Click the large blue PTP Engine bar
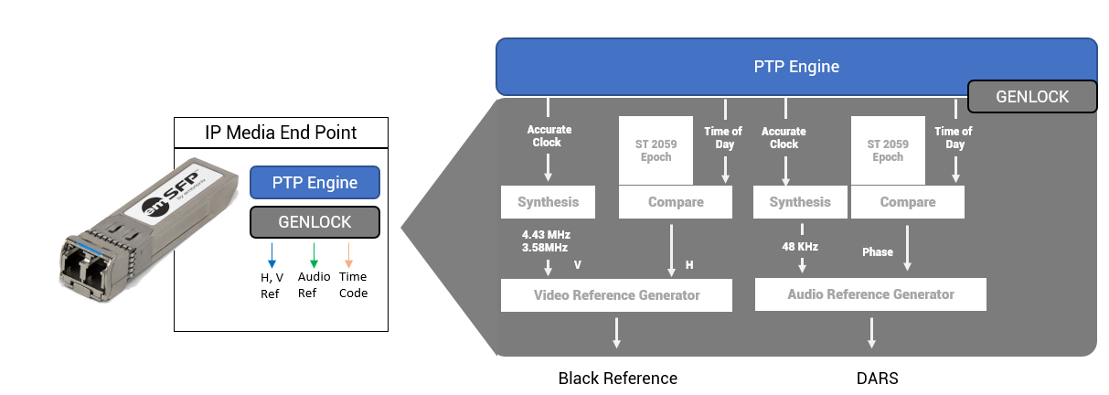tap(795, 66)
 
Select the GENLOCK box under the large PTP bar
tap(1032, 96)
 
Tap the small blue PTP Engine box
tap(315, 182)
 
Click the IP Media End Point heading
tap(280, 133)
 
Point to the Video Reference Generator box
tap(616, 295)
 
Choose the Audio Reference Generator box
tap(870, 294)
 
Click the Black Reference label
tap(617, 379)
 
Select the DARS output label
tap(871, 379)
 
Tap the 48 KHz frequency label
tap(801, 246)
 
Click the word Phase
tap(878, 251)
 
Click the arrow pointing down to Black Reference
tap(616, 332)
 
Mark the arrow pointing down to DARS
tap(871, 332)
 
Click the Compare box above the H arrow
tap(676, 202)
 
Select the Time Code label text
tap(353, 284)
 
